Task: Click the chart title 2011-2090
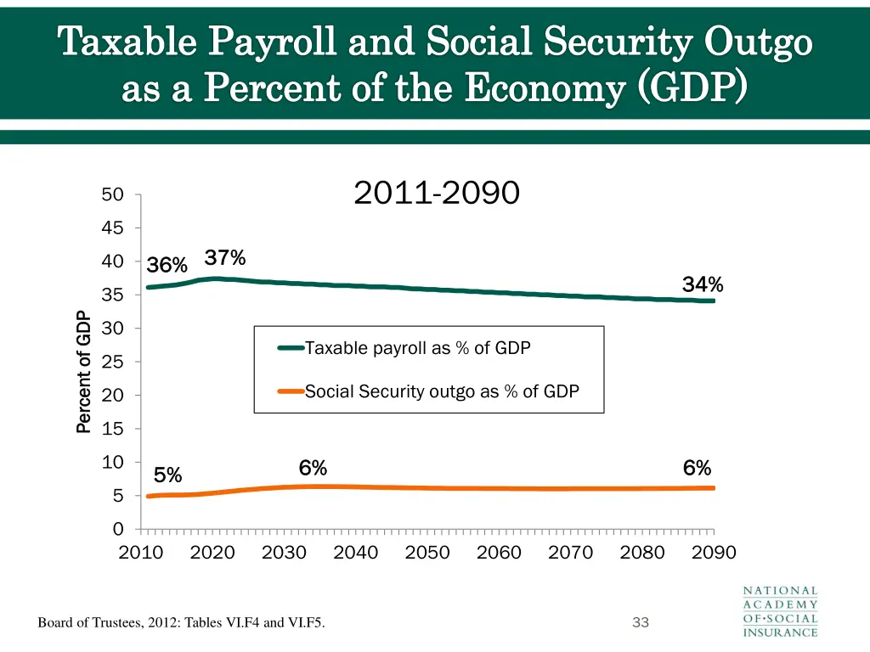pos(436,194)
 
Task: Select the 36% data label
pos(167,266)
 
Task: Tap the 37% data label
pos(225,258)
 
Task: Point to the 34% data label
pos(702,285)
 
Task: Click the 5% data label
pos(167,475)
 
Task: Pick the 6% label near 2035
pos(313,469)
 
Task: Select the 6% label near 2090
pos(697,469)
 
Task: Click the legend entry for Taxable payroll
pos(416,348)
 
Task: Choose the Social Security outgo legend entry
pos(441,391)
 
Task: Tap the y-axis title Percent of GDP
pos(83,372)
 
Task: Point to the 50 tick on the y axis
pos(112,195)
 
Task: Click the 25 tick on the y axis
pos(112,363)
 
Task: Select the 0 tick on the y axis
pos(118,529)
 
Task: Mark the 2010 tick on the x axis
pos(140,554)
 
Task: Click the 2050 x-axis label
pos(427,554)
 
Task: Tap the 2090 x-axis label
pos(714,554)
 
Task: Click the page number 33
pos(641,623)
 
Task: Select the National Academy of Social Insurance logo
pos(780,611)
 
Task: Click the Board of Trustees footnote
pos(181,624)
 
